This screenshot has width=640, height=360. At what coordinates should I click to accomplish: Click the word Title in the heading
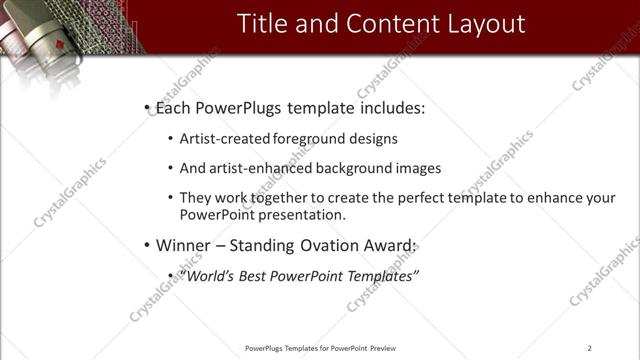point(261,23)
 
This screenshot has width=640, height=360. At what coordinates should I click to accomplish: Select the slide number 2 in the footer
point(590,348)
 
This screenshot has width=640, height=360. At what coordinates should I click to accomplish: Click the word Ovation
point(329,245)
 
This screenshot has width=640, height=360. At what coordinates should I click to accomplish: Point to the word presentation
point(300,214)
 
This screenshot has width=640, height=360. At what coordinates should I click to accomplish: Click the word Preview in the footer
point(383,348)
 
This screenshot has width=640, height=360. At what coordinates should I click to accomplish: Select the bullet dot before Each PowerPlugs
point(147,107)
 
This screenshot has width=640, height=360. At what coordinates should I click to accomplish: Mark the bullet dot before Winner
point(147,245)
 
